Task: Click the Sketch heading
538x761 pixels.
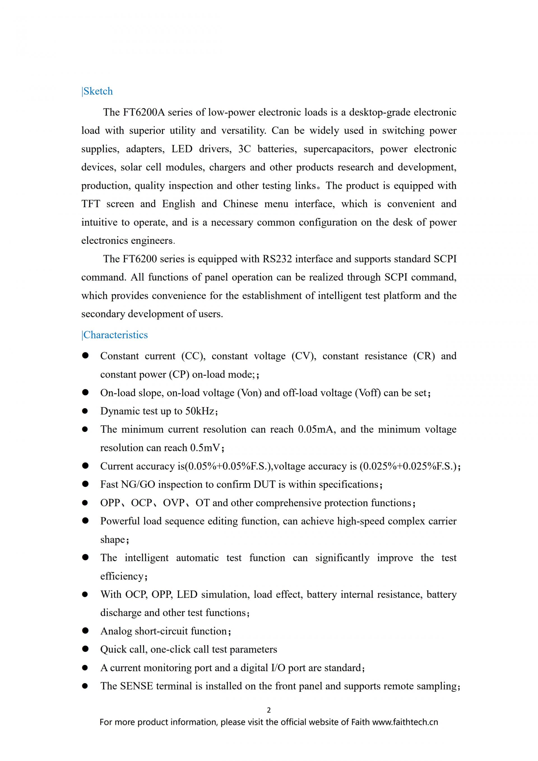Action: (x=98, y=91)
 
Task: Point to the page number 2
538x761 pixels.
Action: (x=269, y=710)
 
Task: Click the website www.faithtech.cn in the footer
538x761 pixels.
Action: (x=405, y=722)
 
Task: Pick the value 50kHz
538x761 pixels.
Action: (x=200, y=411)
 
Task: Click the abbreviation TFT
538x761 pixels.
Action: (x=91, y=204)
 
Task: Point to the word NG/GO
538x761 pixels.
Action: (x=138, y=484)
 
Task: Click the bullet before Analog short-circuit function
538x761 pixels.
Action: (x=85, y=631)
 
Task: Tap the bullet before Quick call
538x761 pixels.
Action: (x=85, y=649)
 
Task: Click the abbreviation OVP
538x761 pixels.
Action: (x=174, y=503)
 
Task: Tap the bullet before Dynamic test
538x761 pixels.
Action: (x=85, y=411)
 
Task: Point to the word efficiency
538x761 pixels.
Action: (x=122, y=576)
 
